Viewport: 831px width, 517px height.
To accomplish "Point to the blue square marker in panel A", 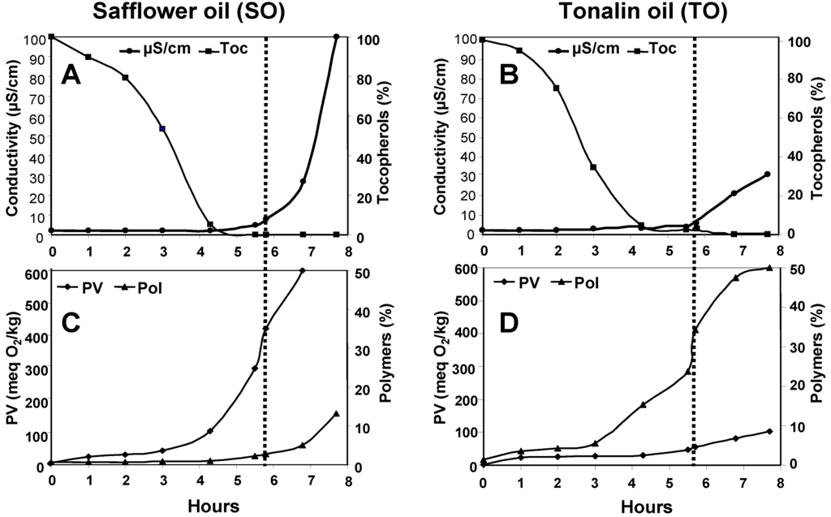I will click(162, 128).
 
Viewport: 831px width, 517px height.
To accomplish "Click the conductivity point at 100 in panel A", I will click(336, 37).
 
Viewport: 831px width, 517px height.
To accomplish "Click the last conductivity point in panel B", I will click(767, 174).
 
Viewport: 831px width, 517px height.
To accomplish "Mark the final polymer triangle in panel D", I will click(769, 268).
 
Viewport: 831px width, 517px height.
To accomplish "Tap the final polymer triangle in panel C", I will click(336, 414).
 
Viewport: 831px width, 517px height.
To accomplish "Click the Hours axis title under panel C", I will click(213, 505).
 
